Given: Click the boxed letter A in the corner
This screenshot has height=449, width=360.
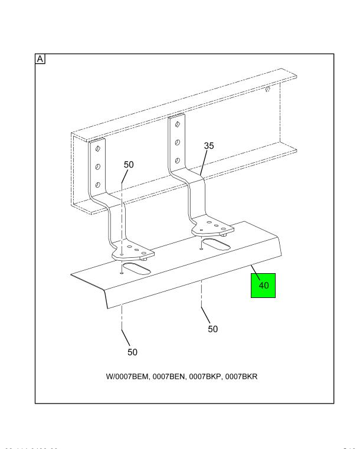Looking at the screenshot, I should pyautogui.click(x=41, y=59).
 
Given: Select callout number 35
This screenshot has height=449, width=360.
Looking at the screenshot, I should pyautogui.click(x=209, y=145).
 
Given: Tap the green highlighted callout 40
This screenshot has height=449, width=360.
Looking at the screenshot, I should pyautogui.click(x=263, y=285).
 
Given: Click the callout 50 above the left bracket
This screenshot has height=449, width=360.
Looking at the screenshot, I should pyautogui.click(x=128, y=165).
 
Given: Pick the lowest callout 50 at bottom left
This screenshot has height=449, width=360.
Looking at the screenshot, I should pyautogui.click(x=132, y=352).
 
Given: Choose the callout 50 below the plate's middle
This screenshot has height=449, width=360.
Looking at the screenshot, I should pyautogui.click(x=212, y=329).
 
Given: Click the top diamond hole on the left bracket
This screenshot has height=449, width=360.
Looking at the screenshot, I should pyautogui.click(x=97, y=149).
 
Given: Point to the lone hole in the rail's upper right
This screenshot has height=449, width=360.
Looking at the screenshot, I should pyautogui.click(x=267, y=89).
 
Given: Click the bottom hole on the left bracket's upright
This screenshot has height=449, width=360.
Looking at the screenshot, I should pyautogui.click(x=97, y=186).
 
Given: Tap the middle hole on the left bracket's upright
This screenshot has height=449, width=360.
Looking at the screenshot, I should pyautogui.click(x=97, y=167).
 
